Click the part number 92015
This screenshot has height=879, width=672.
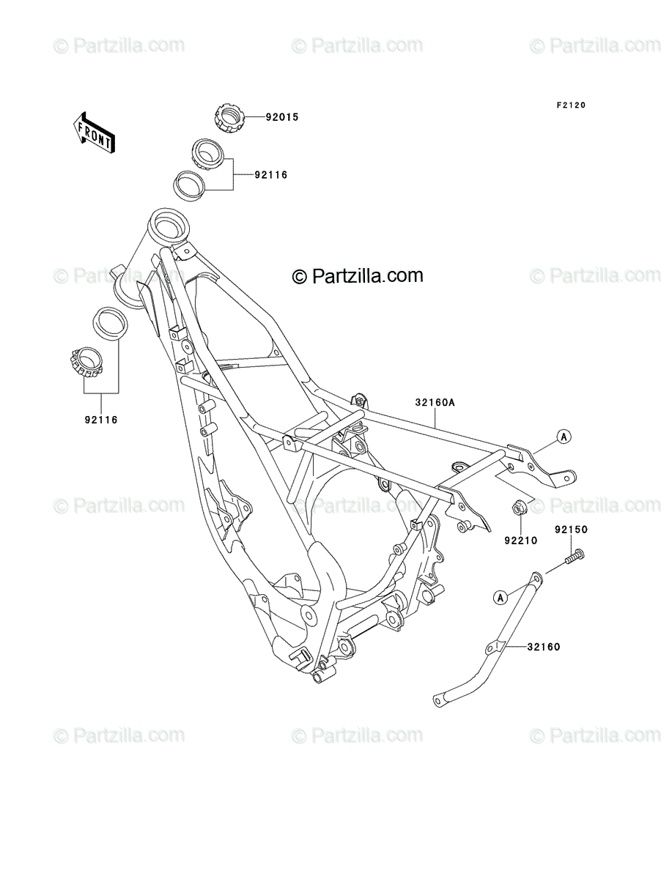[x=282, y=117]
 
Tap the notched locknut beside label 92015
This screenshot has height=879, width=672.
[x=229, y=116]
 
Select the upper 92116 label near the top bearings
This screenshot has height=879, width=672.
[x=271, y=175]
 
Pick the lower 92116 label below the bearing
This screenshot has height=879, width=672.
[x=101, y=420]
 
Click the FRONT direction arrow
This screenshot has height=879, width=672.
[x=94, y=133]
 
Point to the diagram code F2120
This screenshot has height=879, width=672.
[x=571, y=105]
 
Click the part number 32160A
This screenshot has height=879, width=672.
[x=435, y=402]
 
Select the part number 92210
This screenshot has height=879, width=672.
[x=520, y=540]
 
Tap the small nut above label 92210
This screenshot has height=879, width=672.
[x=519, y=508]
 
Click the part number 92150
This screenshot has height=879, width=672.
[x=571, y=530]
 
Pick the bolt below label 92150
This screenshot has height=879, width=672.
[x=574, y=557]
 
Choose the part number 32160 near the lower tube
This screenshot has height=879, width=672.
[x=544, y=647]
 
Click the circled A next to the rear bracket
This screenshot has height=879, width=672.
[x=564, y=437]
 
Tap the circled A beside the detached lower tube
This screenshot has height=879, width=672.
[x=500, y=609]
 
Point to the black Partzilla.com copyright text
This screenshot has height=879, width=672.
[x=358, y=275]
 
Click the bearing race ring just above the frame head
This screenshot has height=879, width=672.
[x=188, y=186]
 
